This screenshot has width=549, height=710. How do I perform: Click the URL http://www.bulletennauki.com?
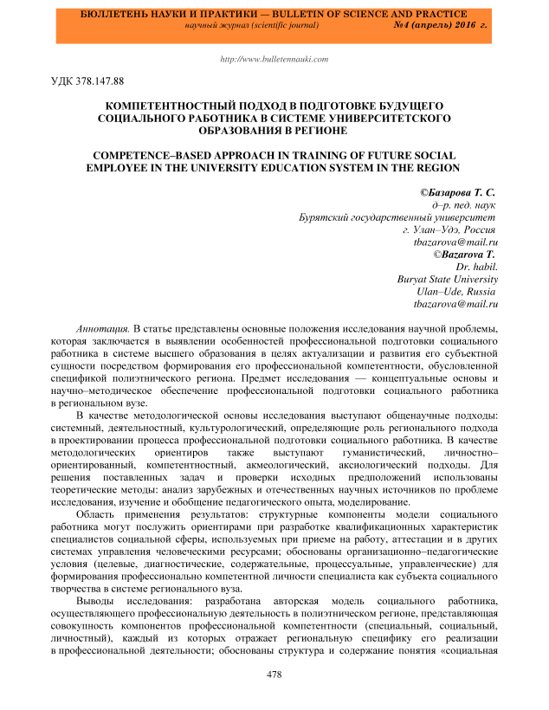click(275, 60)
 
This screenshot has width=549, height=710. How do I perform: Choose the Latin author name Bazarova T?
click(468, 255)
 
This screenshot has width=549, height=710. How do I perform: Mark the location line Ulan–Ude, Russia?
click(455, 293)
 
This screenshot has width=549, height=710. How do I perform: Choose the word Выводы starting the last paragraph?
click(96, 600)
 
